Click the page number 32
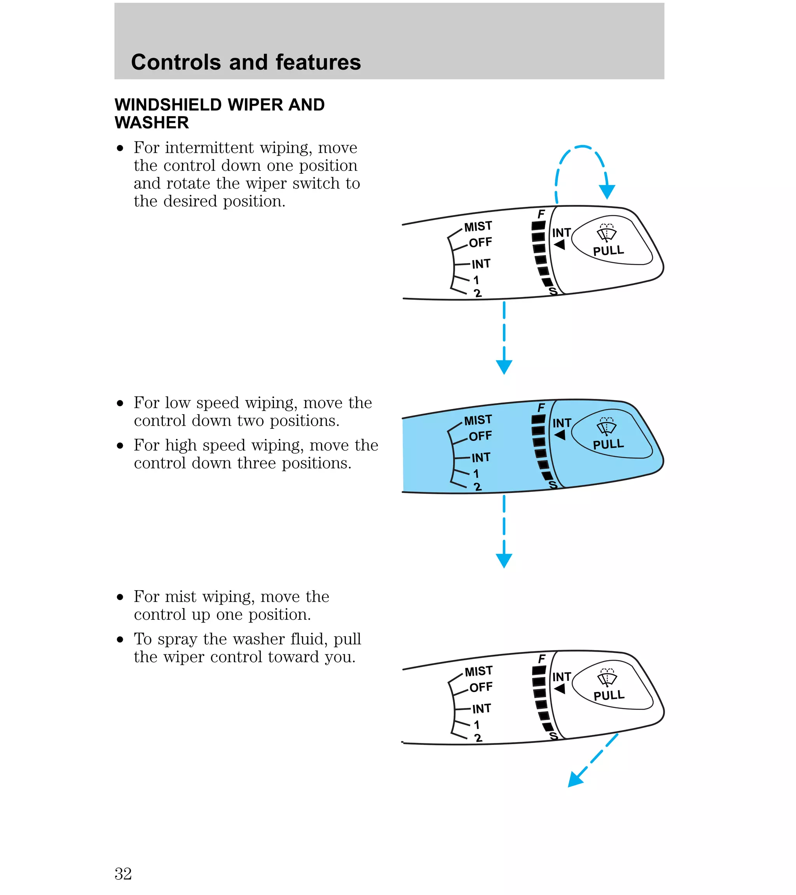click(x=123, y=874)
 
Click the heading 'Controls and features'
click(x=246, y=62)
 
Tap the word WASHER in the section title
click(x=152, y=122)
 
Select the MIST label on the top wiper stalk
click(x=478, y=226)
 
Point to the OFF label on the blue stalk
click(x=480, y=436)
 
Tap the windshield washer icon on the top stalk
click(x=606, y=233)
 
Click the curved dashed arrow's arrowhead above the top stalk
click(x=607, y=192)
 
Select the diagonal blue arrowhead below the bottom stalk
click(x=575, y=780)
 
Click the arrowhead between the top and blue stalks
click(x=504, y=367)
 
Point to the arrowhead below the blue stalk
click(x=504, y=561)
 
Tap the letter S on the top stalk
click(x=553, y=291)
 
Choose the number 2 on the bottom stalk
click(x=478, y=738)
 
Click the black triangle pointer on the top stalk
click(x=560, y=245)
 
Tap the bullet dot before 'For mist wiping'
click(x=120, y=597)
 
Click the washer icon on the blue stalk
click(x=606, y=427)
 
